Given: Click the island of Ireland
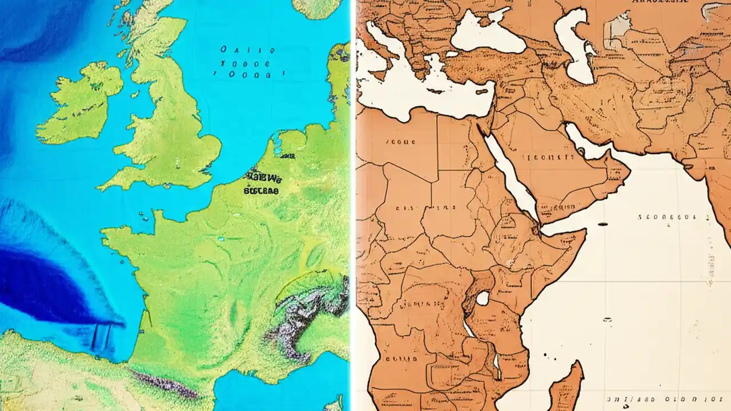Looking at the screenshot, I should (x=83, y=103).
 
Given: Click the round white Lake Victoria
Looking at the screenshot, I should (x=483, y=298).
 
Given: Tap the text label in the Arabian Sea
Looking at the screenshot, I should (x=667, y=217).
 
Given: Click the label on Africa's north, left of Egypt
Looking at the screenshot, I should (x=400, y=140).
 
